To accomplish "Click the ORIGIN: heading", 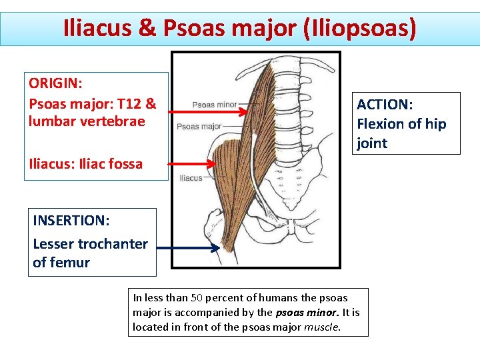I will coord(56,85).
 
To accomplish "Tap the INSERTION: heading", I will coord(71,221).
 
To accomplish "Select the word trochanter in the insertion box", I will coord(113,243).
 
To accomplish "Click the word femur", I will coord(71,263).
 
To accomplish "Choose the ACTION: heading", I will coord(385,105).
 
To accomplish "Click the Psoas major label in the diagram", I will coord(199,126).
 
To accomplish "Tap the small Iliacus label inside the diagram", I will coord(191,178).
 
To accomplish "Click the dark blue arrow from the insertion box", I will coord(188,248).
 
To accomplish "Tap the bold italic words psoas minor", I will coord(302,312).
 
